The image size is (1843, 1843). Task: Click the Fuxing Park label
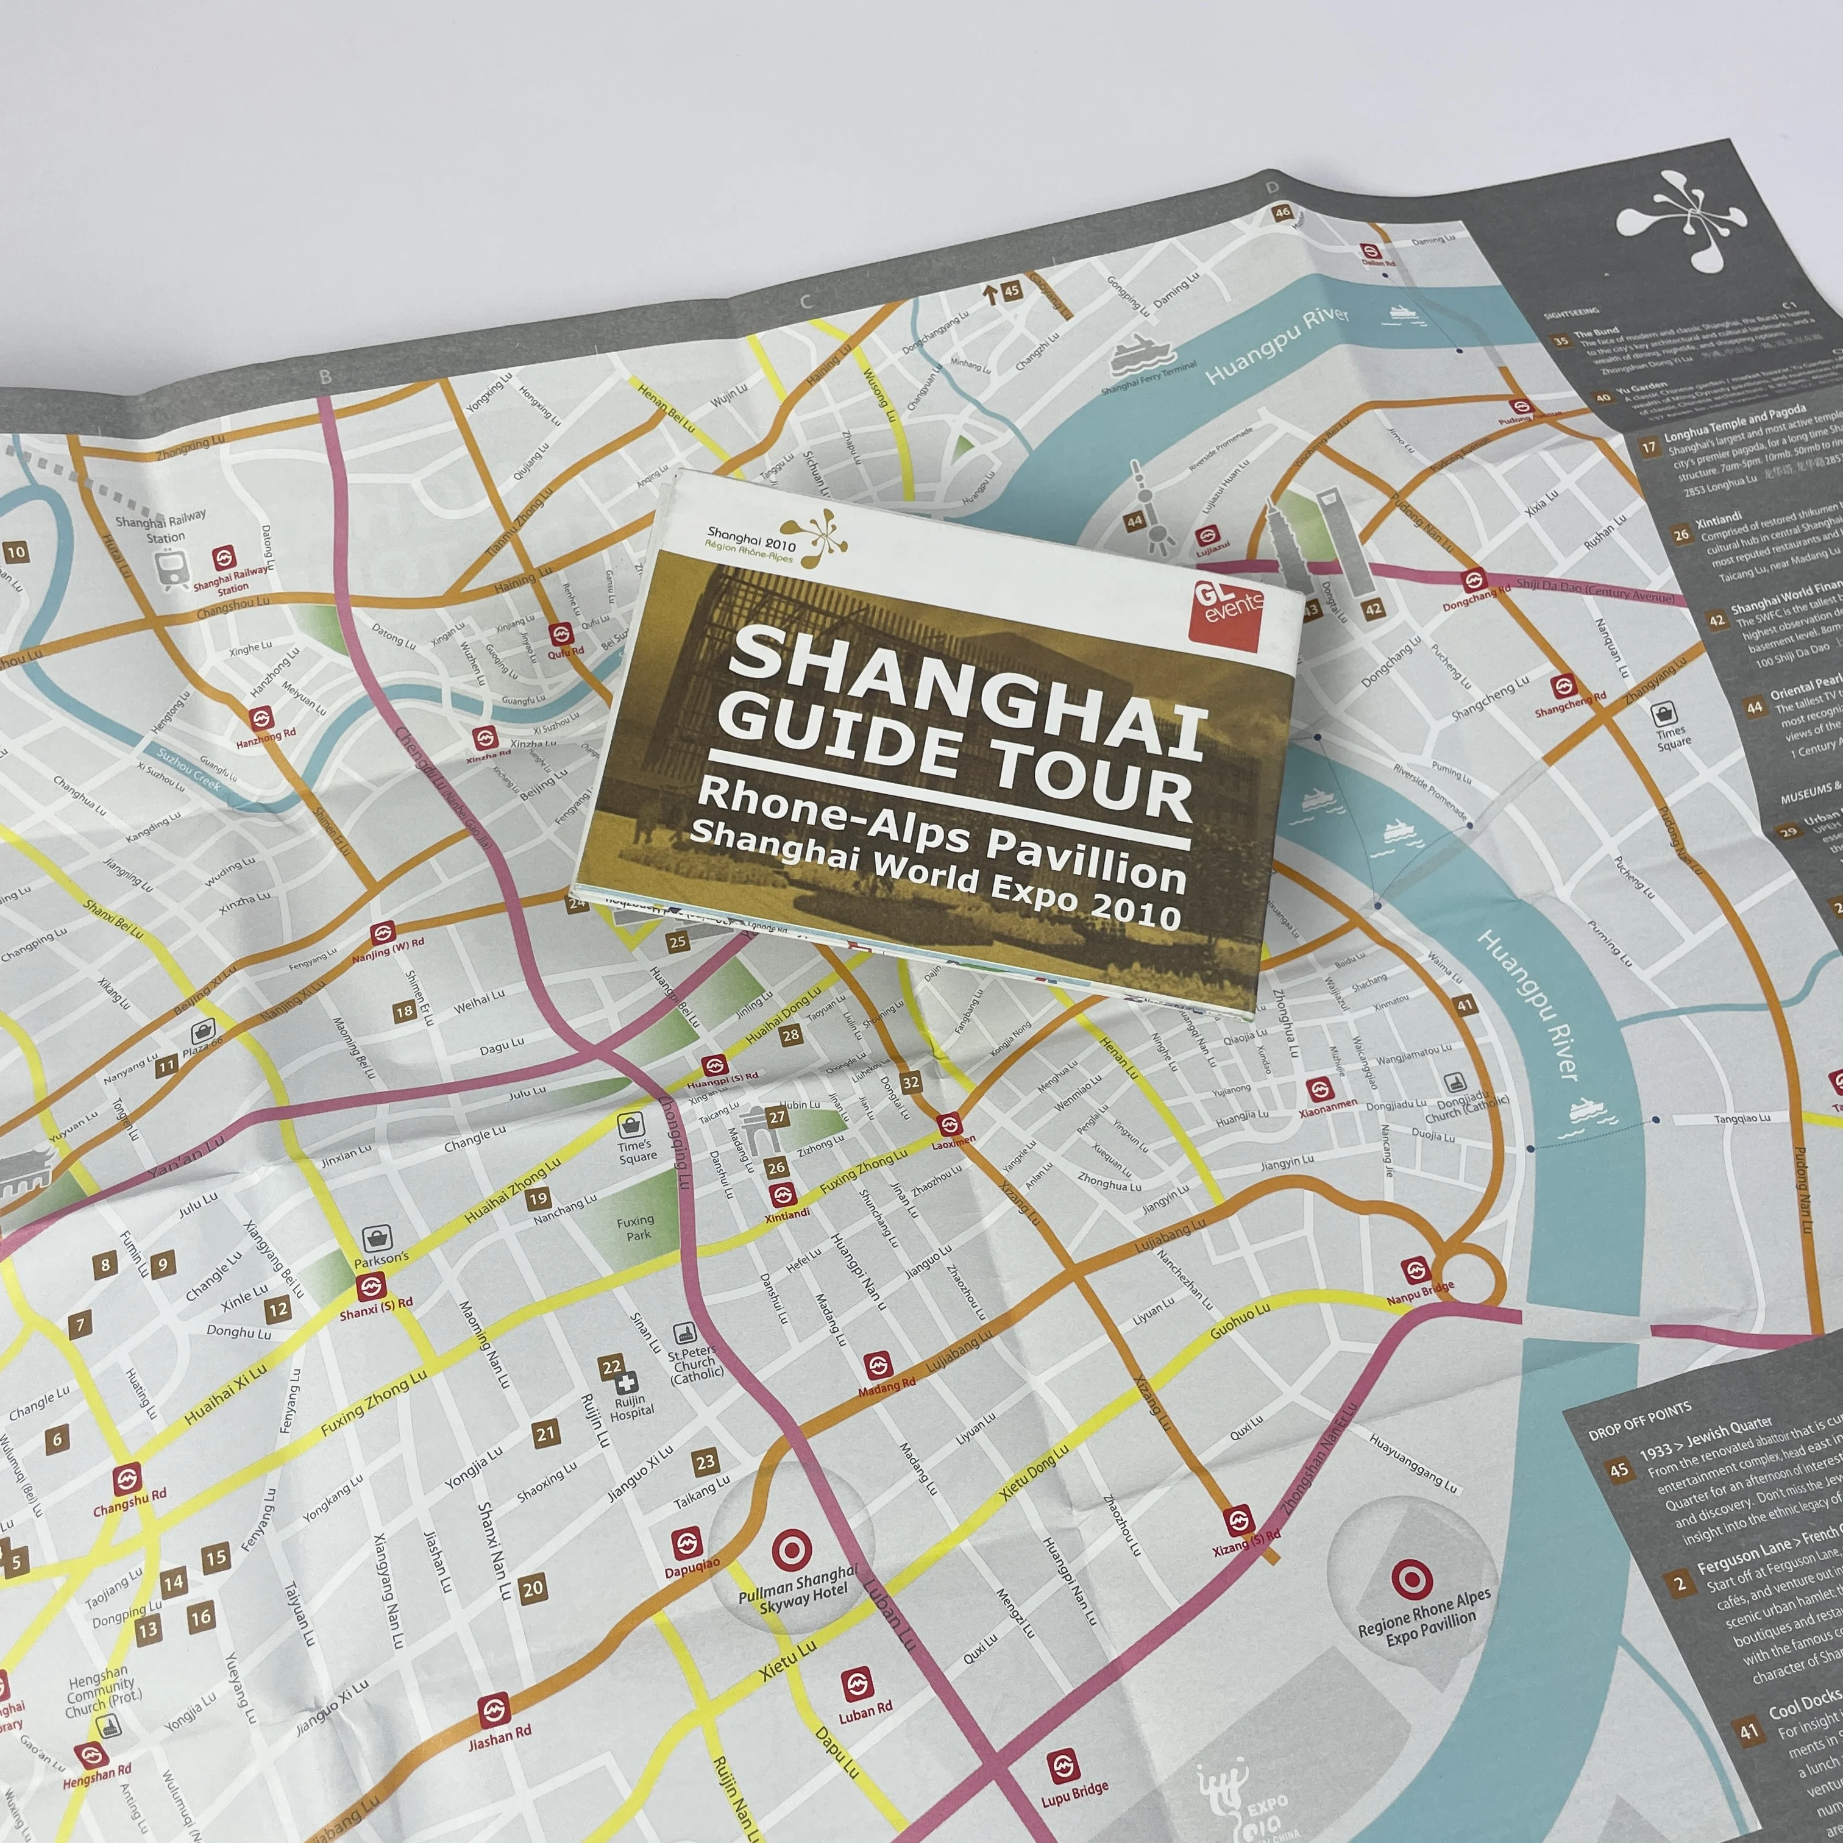(635, 1227)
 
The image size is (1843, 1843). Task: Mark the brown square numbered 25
(677, 942)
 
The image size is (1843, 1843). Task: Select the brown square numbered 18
(405, 1011)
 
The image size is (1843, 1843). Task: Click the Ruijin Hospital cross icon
(625, 1384)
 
